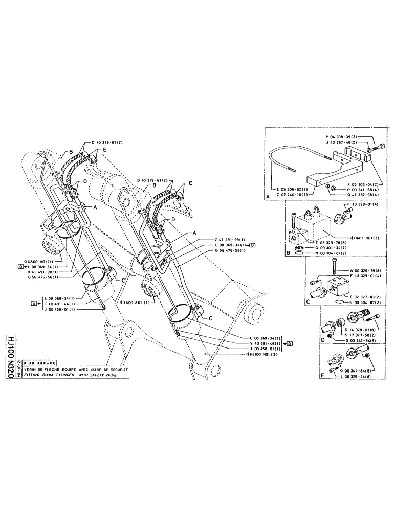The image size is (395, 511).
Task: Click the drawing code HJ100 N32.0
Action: pos(11,353)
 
